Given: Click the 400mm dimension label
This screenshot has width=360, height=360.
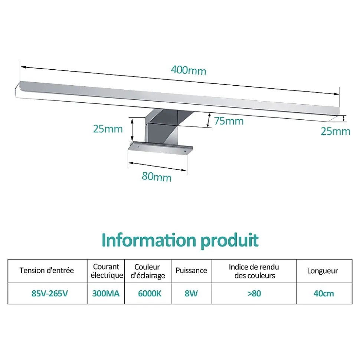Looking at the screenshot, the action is (189, 70).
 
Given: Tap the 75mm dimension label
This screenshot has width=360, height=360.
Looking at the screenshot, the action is (229, 121).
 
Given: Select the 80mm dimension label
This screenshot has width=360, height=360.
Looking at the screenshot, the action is (157, 176).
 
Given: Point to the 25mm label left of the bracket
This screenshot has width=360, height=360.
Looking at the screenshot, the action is (108, 129).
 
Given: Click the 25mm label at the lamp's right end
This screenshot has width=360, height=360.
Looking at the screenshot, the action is (336, 131).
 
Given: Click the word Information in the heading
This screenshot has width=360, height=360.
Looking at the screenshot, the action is (149, 240).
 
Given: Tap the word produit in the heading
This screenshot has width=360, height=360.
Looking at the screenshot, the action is (230, 241).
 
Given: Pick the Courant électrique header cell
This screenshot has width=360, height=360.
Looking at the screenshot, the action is (107, 271).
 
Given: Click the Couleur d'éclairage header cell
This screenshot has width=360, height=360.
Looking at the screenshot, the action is (148, 271).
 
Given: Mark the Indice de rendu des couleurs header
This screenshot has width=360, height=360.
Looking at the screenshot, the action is (254, 271).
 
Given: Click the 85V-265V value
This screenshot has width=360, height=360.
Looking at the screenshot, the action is (50, 293).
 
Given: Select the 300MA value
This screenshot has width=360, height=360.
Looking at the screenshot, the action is (106, 293).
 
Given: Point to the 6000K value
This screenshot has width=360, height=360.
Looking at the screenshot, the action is (150, 293).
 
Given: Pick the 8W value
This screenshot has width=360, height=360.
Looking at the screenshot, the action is (191, 293).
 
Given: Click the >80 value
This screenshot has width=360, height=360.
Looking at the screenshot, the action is (254, 293).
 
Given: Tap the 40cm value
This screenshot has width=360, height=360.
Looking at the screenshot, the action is (324, 293).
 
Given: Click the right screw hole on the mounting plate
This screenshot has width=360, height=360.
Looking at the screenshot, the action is (184, 151).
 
